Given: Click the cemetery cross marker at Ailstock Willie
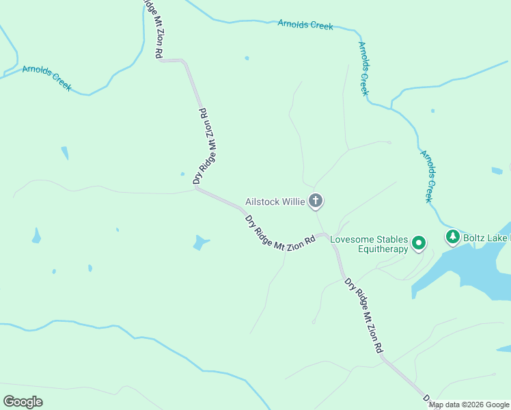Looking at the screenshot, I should tap(315, 201).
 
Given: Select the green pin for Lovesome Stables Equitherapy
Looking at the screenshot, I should tap(418, 243).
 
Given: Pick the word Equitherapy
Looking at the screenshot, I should tap(383, 249).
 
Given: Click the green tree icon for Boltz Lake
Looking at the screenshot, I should tap(452, 237).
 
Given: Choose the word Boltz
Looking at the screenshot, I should tap(476, 238).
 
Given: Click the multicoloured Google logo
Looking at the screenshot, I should tap(23, 401).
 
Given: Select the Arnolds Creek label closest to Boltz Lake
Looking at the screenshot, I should tap(427, 176).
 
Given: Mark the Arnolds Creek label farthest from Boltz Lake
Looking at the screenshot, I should tap(46, 78).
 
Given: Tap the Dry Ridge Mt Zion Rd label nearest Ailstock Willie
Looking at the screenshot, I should tap(280, 234).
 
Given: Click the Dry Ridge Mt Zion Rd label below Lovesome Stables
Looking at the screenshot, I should tap(364, 315).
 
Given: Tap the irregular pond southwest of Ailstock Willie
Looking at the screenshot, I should tap(200, 242).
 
